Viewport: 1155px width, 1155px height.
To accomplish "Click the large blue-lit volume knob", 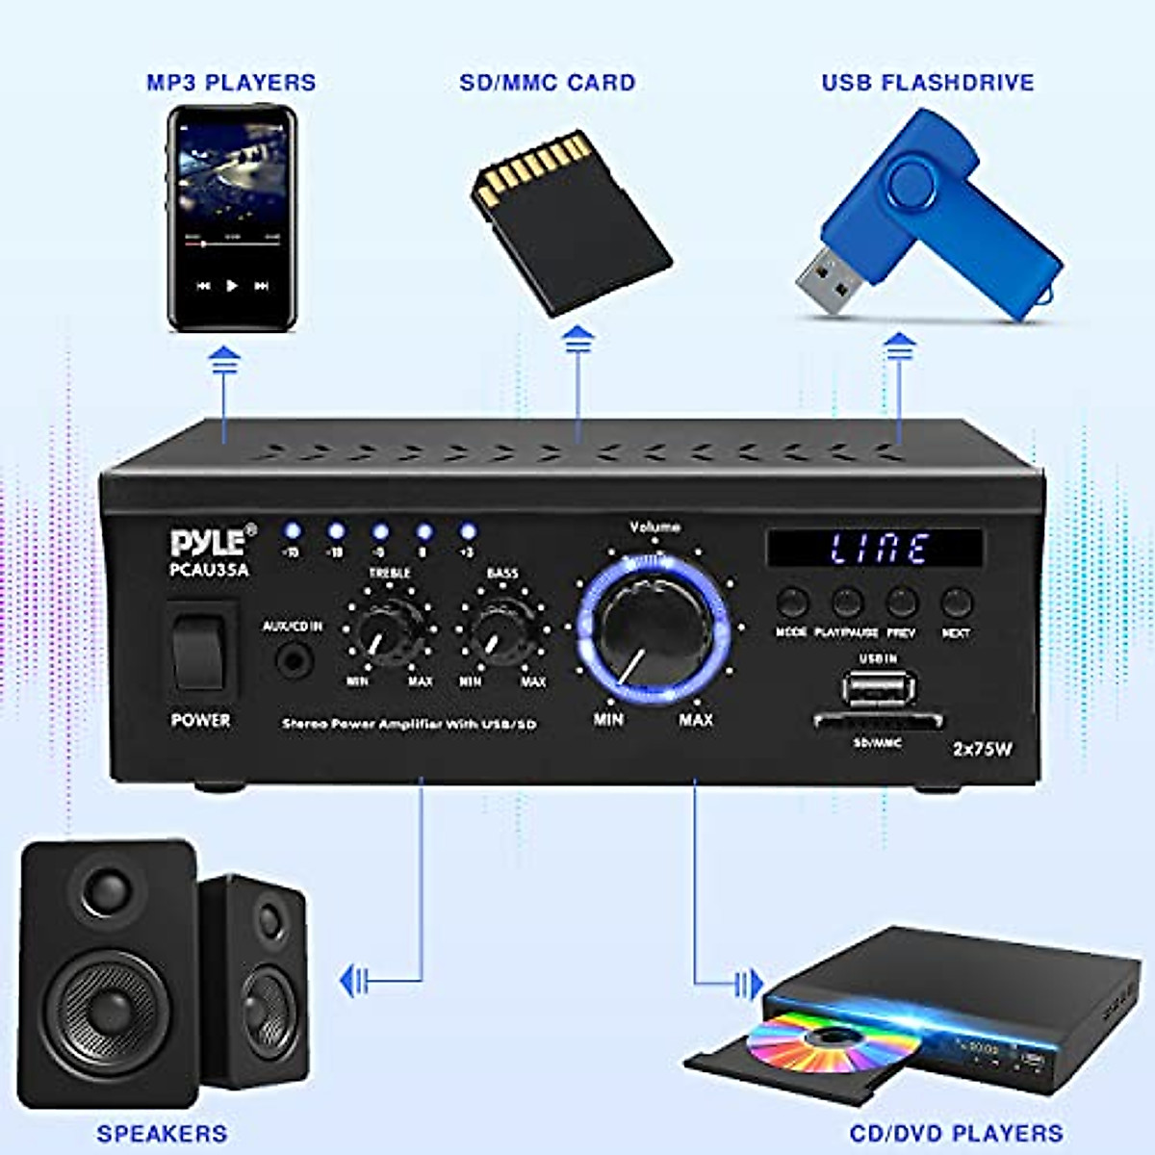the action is pyautogui.click(x=654, y=628).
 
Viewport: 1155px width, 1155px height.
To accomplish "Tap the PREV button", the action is pyautogui.click(x=901, y=603).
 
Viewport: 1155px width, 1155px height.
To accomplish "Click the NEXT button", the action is pyautogui.click(x=956, y=603).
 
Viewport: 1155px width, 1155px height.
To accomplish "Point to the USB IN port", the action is pyautogui.click(x=877, y=688).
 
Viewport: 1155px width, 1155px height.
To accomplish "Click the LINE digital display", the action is pyautogui.click(x=875, y=549).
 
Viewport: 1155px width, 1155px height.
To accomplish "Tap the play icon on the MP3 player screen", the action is pyautogui.click(x=231, y=286).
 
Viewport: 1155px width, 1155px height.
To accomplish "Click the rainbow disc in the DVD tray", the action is pyautogui.click(x=814, y=1040).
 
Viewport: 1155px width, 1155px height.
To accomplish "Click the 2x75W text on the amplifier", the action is pyautogui.click(x=982, y=749).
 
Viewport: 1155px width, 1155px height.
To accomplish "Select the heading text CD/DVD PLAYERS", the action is pyautogui.click(x=955, y=1134).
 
